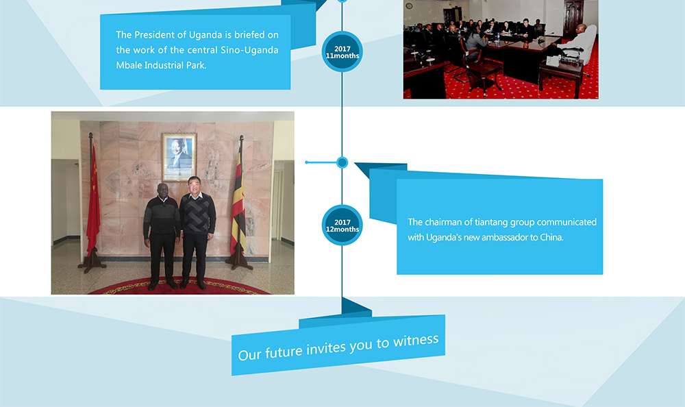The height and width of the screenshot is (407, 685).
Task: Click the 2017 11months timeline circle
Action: click(x=342, y=51)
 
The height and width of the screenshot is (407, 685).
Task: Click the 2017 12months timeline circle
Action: click(x=342, y=225)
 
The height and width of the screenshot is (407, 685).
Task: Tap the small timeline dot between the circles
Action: click(x=342, y=162)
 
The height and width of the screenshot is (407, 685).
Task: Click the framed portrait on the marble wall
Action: click(x=179, y=157)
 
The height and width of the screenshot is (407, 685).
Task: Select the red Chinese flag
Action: click(x=93, y=199)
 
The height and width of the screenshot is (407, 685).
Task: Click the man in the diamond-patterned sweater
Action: click(x=197, y=232)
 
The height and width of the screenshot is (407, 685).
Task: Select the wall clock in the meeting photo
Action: click(x=409, y=5)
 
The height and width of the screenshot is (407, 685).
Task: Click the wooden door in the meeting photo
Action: click(x=573, y=18)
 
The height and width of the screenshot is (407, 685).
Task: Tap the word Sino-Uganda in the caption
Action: click(x=249, y=50)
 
